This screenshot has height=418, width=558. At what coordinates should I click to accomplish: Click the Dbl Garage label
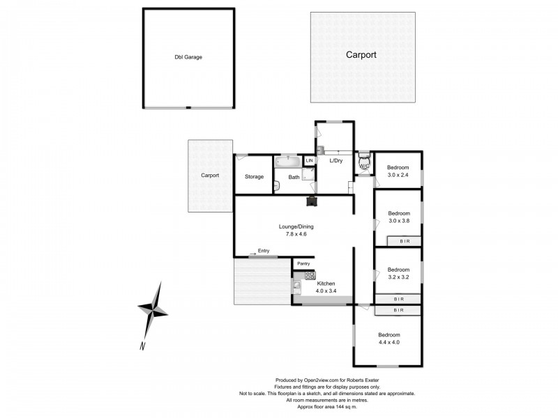[188, 57]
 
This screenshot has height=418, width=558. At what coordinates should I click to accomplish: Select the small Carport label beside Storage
[210, 176]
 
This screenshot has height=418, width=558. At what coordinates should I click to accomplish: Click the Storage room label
[254, 177]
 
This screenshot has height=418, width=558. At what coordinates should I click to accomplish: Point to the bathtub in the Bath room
[287, 162]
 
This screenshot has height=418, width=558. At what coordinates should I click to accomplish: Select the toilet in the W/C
[363, 163]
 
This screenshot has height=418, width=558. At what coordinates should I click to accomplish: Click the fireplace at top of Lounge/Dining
[310, 202]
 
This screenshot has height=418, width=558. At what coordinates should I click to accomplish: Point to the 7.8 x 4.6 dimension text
[296, 234]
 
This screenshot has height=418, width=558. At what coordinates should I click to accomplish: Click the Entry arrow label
[263, 251]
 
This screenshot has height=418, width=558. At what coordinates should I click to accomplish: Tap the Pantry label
[303, 263]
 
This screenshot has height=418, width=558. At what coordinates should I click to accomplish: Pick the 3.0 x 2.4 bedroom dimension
[398, 175]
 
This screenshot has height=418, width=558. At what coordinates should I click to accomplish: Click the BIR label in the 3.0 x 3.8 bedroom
[405, 241]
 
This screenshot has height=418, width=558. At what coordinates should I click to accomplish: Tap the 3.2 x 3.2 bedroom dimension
[398, 277]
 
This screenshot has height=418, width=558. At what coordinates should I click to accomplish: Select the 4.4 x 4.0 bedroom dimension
[389, 342]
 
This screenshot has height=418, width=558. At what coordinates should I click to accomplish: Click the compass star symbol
[153, 307]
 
